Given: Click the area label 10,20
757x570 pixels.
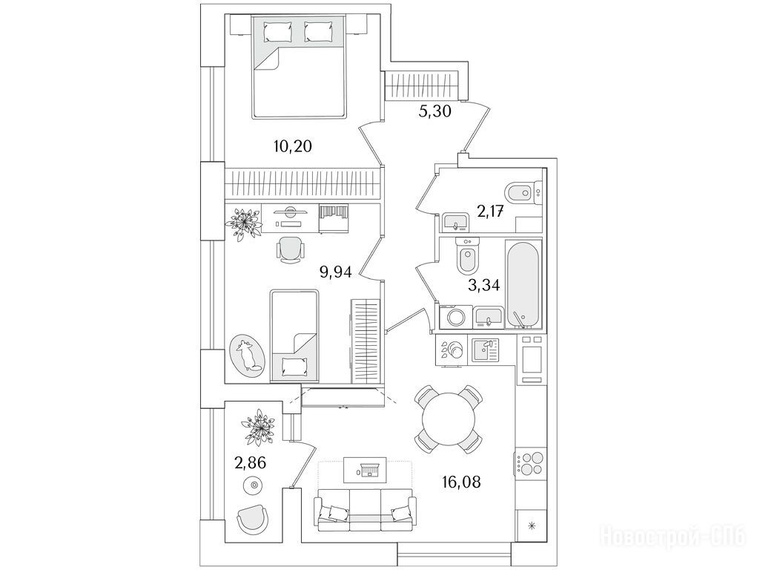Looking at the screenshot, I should pos(292,145).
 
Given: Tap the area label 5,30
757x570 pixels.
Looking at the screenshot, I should pos(430,111).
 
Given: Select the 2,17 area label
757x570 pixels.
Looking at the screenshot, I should pos(490,212).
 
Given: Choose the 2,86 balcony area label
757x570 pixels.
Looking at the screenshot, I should pos(251,463).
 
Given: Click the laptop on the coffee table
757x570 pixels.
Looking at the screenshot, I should pos(368,469).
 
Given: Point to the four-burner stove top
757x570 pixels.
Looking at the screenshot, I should pos(530,463).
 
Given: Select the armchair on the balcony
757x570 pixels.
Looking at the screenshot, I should pos(254,520).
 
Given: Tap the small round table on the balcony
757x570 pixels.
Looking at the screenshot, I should pos(254,486).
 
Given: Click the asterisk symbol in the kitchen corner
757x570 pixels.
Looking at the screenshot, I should pos(531,527).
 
